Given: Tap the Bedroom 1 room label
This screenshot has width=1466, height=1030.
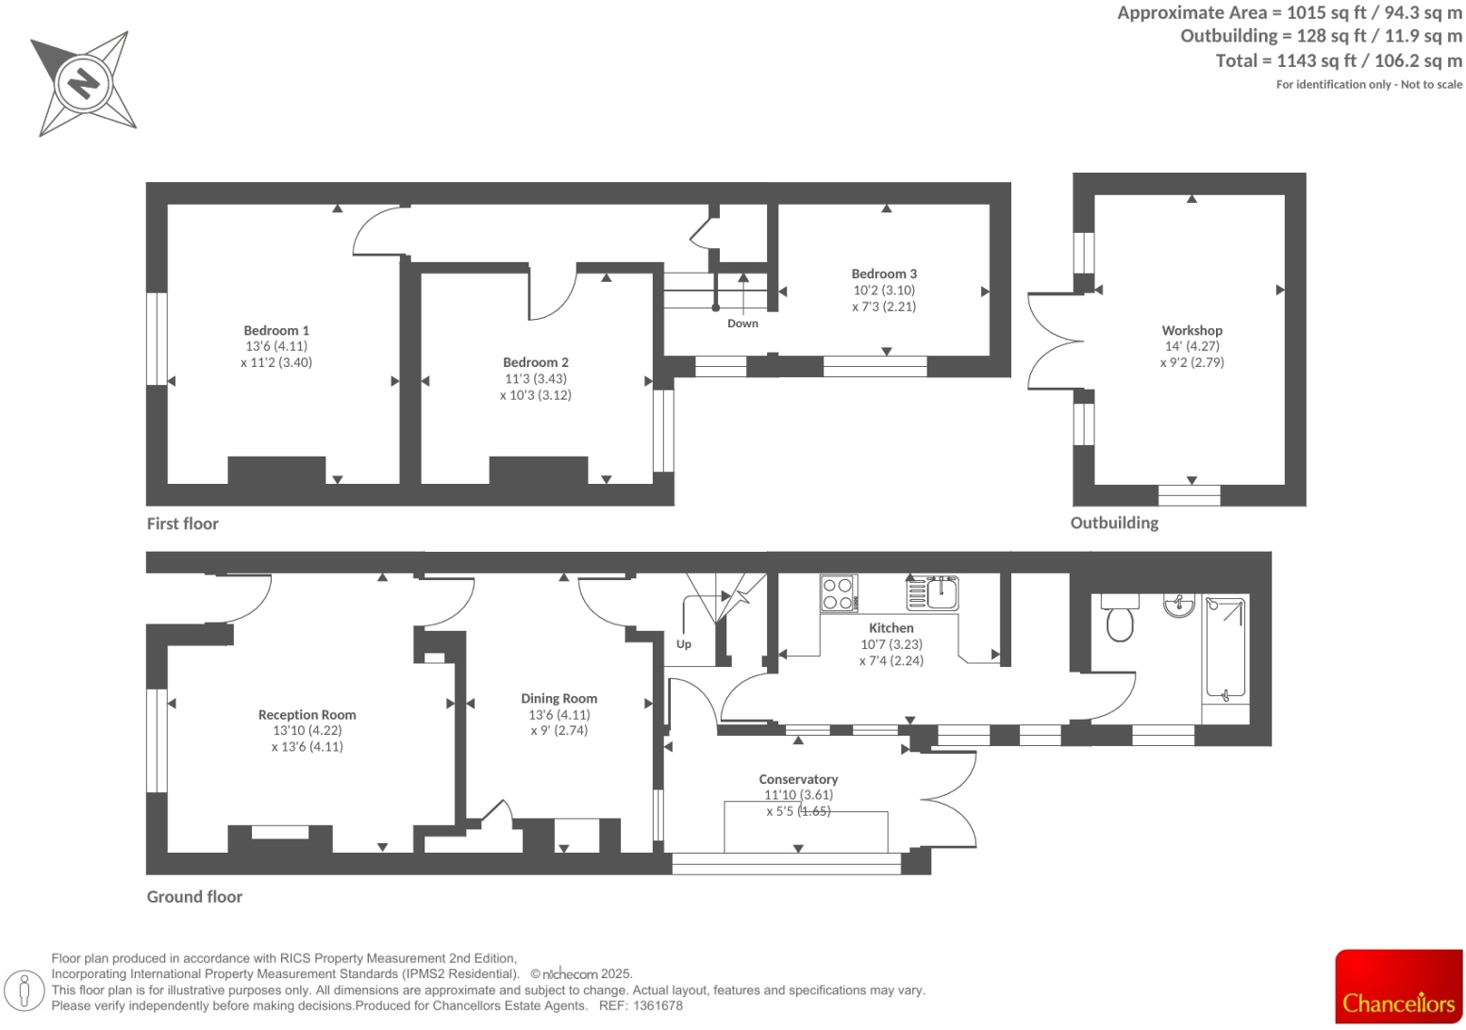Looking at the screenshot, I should [276, 331].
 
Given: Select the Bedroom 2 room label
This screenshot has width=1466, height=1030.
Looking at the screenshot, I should [536, 362].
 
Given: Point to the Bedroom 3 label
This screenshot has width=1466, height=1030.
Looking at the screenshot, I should [884, 274].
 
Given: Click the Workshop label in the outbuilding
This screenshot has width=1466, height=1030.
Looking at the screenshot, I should [1191, 330].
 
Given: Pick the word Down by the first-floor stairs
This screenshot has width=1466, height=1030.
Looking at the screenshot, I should [742, 324].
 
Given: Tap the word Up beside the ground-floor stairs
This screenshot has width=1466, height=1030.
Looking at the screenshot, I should [684, 644].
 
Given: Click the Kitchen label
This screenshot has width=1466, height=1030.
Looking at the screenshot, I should [891, 628].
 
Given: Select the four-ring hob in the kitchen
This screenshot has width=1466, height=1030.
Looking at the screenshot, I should [838, 594].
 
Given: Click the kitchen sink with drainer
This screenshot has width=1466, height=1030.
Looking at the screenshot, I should [933, 593].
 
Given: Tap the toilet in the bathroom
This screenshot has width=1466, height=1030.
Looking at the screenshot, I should [1120, 619].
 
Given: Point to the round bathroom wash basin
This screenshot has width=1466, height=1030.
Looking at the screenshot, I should [1178, 605].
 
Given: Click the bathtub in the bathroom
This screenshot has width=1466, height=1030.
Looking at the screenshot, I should [1225, 650].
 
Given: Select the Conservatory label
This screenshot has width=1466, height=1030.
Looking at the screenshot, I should [798, 779].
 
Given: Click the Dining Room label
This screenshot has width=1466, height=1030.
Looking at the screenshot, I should [558, 699].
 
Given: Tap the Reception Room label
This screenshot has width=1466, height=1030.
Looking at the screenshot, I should [307, 715].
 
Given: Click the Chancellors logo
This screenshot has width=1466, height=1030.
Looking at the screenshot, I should [1398, 987].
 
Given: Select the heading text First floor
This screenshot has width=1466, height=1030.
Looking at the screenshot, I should [182, 523].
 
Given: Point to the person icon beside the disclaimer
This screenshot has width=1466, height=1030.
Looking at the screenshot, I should [25, 990].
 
